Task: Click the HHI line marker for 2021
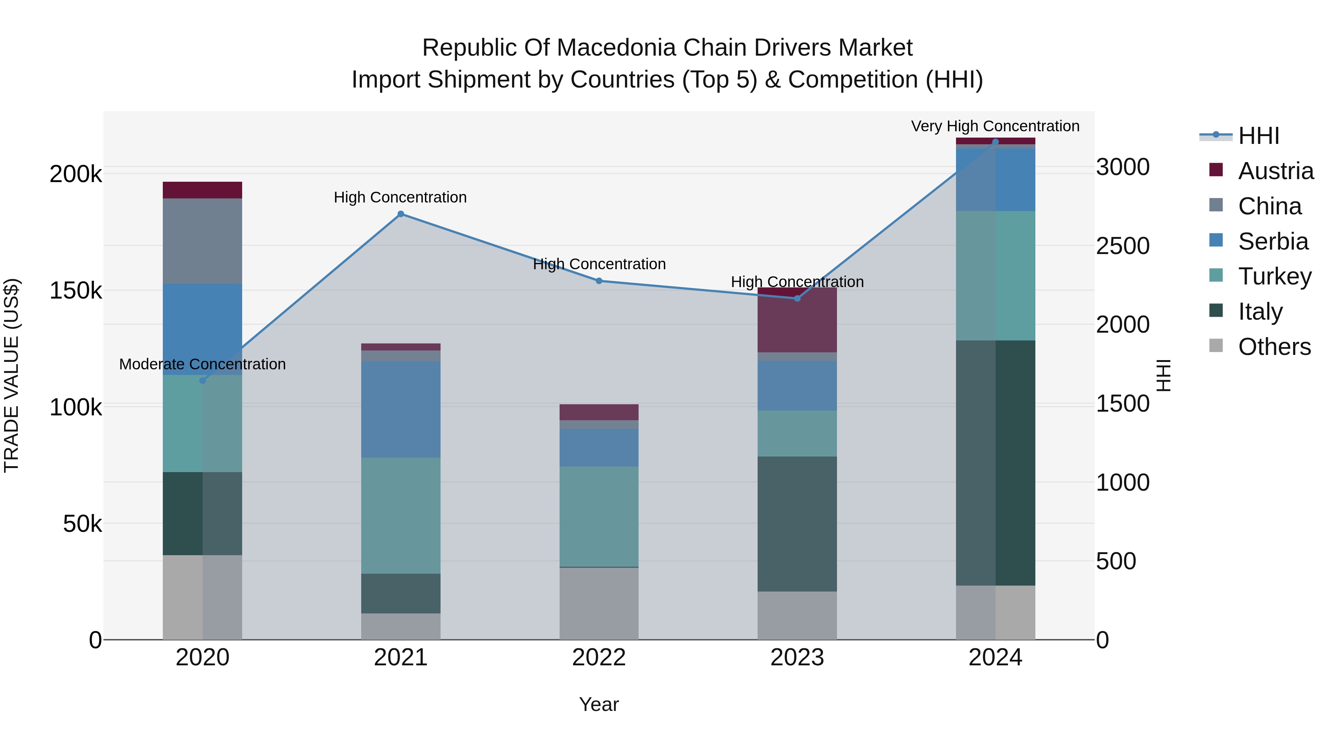(400, 214)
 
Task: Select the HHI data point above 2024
(995, 142)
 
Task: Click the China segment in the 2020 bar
(202, 241)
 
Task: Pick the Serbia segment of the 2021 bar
(400, 409)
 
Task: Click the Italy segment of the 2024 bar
(995, 463)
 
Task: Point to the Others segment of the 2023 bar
(797, 615)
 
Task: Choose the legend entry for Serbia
(1273, 241)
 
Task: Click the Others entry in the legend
(1274, 347)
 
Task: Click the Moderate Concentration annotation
(202, 364)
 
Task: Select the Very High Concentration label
(995, 126)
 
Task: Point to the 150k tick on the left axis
(76, 291)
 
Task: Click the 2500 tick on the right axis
(1123, 246)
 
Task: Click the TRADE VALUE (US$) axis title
(11, 375)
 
